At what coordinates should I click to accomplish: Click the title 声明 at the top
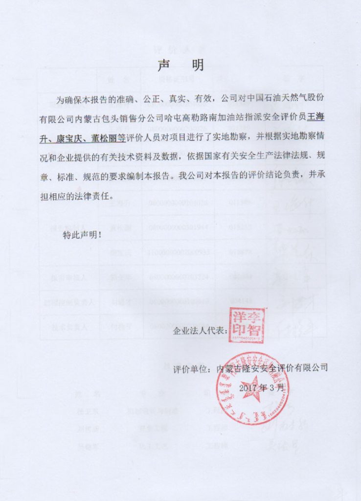coord(180,65)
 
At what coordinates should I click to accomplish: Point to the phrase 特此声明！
coord(83,235)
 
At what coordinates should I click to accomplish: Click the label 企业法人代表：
coord(201,331)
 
